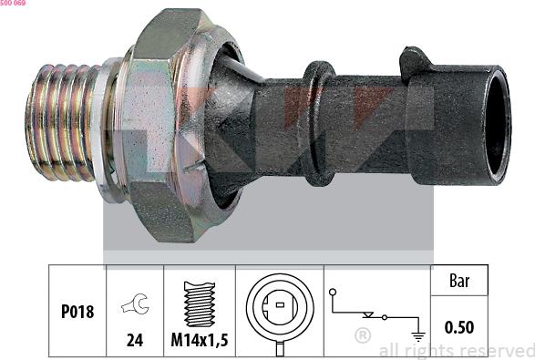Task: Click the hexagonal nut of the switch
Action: click(169, 128)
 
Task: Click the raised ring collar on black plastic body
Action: click(317, 123)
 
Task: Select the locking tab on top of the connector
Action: click(417, 61)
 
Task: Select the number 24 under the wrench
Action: click(135, 342)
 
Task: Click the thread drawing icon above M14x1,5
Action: click(199, 303)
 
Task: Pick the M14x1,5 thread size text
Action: click(199, 342)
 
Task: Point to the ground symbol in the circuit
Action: click(419, 335)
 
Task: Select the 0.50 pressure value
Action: click(459, 326)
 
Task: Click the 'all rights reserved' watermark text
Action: click(456, 350)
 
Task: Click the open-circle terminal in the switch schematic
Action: click(334, 293)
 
